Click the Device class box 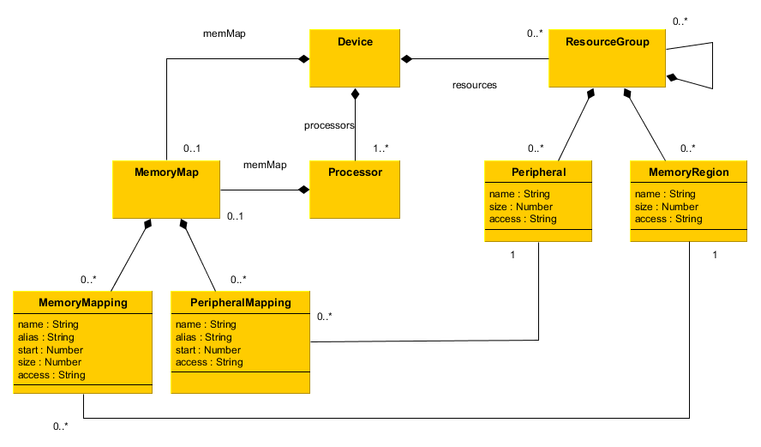click(x=355, y=58)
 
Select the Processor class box click(x=355, y=189)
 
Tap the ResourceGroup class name click(x=607, y=41)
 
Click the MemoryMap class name click(x=166, y=172)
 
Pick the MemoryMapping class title click(x=83, y=303)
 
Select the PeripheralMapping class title click(x=241, y=303)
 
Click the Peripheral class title click(x=538, y=172)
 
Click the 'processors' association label click(x=329, y=125)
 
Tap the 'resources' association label click(x=475, y=85)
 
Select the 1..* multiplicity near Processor click(x=380, y=148)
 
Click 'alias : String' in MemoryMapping click(x=46, y=337)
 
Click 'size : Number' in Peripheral click(x=521, y=207)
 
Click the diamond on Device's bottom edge click(x=355, y=94)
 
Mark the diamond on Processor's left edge click(x=303, y=190)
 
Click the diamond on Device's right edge click(x=406, y=59)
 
